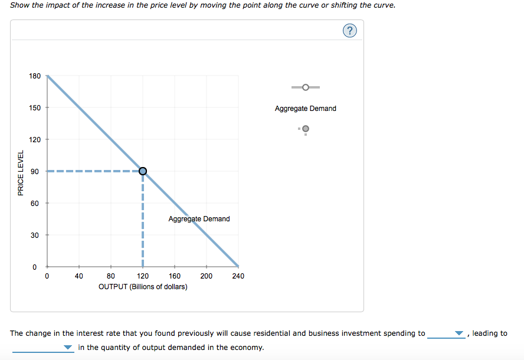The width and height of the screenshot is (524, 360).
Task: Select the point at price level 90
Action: (x=142, y=171)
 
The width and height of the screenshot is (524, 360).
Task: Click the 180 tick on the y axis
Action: (x=35, y=76)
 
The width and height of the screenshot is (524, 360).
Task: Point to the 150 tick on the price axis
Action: (x=35, y=108)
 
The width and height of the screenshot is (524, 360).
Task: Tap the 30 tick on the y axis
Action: (x=35, y=235)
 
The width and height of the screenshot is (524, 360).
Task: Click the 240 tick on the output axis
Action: (x=238, y=276)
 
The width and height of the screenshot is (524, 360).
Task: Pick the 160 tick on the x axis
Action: (x=175, y=276)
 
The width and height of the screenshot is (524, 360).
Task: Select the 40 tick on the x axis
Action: (x=79, y=276)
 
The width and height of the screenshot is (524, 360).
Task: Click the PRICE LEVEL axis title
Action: (x=21, y=173)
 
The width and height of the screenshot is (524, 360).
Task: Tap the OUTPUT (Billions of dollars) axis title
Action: (x=143, y=287)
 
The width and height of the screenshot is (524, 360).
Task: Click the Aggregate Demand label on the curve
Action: (x=199, y=219)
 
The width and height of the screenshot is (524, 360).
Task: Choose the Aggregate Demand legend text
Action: (x=305, y=109)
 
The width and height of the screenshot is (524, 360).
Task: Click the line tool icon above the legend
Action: (x=305, y=87)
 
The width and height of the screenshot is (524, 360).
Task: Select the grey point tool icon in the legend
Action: (x=305, y=129)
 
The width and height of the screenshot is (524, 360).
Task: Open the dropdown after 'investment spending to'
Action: (x=447, y=334)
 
